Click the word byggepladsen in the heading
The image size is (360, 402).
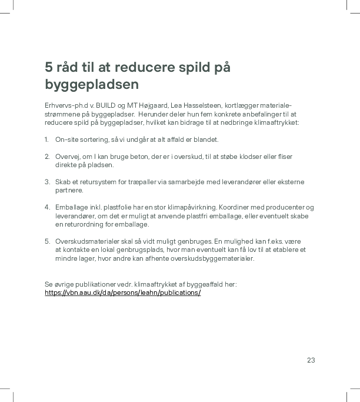(x=92, y=85)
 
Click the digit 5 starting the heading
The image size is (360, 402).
(x=49, y=67)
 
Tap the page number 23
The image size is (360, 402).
(x=311, y=360)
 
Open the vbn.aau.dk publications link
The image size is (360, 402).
(x=122, y=293)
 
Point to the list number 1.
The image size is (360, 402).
(x=46, y=139)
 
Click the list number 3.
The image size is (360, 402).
(x=46, y=182)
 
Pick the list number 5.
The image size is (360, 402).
(x=46, y=241)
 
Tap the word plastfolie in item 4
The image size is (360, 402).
(x=113, y=207)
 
